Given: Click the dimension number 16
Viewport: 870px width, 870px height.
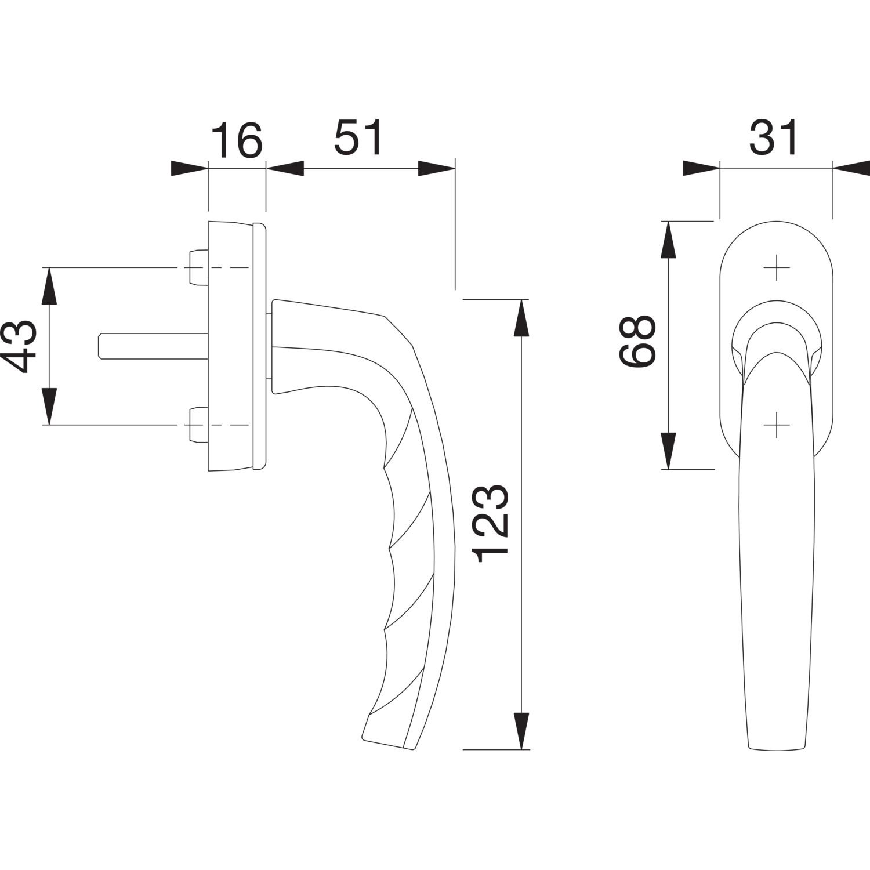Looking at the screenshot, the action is pos(236,141).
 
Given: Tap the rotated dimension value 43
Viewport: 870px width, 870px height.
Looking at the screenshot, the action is pos(24,347).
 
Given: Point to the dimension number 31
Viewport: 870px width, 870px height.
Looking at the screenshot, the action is pos(774,138).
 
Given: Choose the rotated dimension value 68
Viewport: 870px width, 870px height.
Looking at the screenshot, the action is pos(637,342).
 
